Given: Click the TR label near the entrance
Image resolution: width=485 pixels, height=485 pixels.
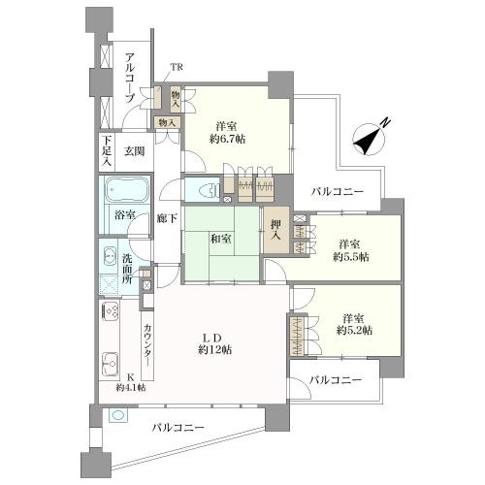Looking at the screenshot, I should click(x=177, y=66).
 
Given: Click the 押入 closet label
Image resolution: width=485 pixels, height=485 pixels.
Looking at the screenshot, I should click(x=275, y=228).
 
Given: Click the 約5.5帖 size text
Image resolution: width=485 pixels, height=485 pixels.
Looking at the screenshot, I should click(x=353, y=258).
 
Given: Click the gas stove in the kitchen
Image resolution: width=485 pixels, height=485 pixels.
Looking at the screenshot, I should click(x=108, y=314).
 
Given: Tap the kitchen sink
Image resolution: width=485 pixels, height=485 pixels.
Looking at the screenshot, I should click(x=108, y=365).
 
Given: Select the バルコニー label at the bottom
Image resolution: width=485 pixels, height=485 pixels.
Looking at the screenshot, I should click(x=178, y=427).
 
